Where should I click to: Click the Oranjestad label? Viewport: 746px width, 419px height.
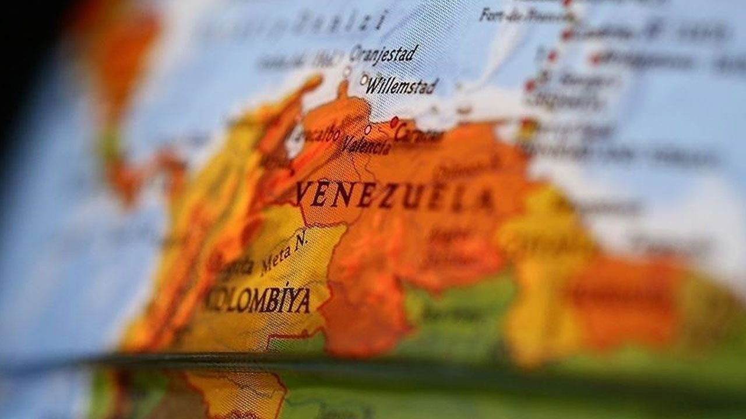pyautogui.click(x=383, y=54)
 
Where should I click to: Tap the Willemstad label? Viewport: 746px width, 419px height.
pyautogui.click(x=402, y=87)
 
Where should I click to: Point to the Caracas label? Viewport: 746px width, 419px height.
pyautogui.click(x=418, y=135)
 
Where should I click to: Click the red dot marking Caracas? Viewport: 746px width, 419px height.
pyautogui.click(x=395, y=122)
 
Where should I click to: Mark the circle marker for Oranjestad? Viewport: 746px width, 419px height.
pyautogui.click(x=347, y=71)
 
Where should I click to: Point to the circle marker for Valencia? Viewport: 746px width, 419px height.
pyautogui.click(x=368, y=129)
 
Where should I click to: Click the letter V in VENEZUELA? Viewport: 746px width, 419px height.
pyautogui.click(x=304, y=193)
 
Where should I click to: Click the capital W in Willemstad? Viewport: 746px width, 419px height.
pyautogui.click(x=374, y=86)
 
